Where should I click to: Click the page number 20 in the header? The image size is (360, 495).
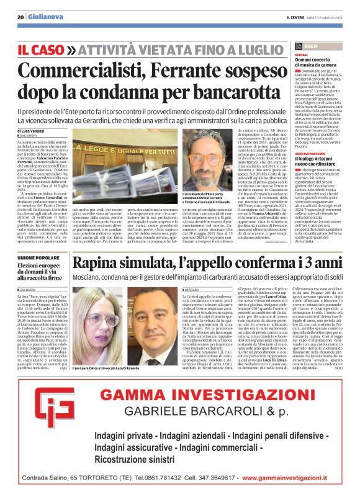(20, 17)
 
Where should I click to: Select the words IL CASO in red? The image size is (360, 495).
(40, 48)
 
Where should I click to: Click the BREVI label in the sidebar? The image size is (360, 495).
(312, 46)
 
